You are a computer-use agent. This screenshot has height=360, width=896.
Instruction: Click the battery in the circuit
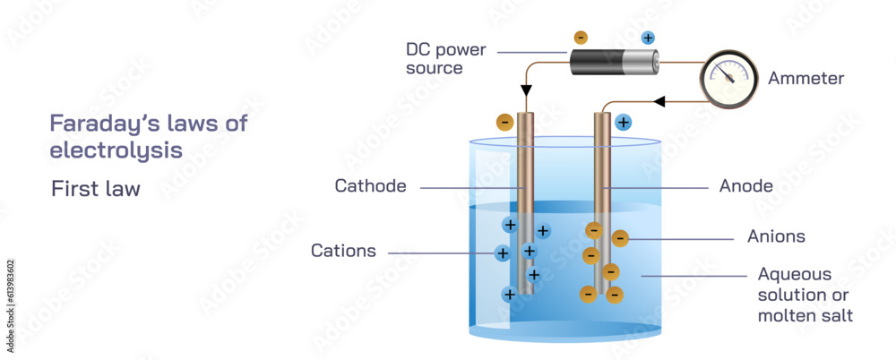click(615, 62)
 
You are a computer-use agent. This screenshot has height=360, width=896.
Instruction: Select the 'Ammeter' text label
click(806, 79)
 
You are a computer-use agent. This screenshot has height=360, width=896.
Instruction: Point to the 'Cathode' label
click(370, 186)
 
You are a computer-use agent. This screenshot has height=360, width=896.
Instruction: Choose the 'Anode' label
click(745, 186)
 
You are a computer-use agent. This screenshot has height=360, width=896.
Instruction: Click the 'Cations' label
click(343, 251)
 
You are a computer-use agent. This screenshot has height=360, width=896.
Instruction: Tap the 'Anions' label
click(776, 237)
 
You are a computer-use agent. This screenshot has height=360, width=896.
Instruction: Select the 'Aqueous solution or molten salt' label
click(805, 295)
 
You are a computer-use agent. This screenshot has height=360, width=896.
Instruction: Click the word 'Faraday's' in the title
click(99, 124)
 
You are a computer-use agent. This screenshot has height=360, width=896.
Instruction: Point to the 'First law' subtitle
click(96, 189)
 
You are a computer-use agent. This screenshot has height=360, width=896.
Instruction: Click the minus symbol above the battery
click(581, 38)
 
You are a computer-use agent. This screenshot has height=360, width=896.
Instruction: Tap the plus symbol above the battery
click(648, 38)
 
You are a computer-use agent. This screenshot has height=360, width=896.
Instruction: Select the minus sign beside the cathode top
click(504, 122)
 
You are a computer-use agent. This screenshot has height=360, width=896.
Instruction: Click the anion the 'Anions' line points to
click(620, 238)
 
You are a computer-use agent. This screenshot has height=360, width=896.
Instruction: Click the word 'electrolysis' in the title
click(116, 150)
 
